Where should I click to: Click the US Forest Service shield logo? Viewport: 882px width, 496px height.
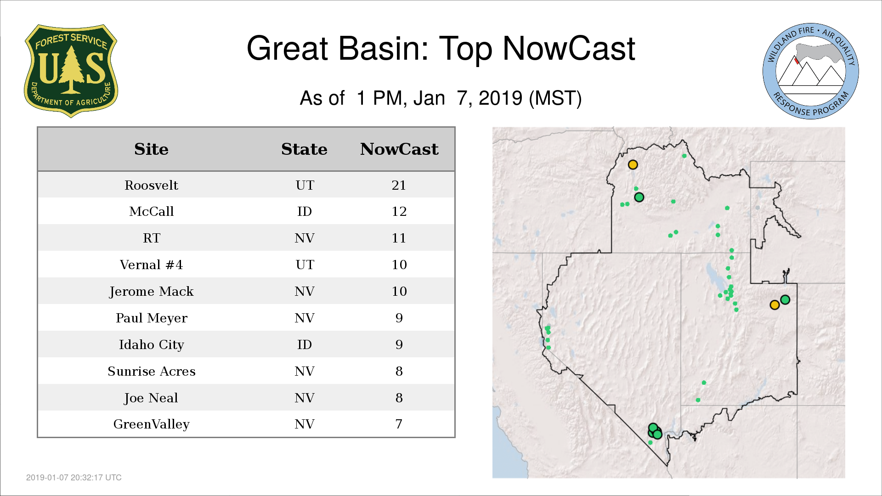click(x=71, y=71)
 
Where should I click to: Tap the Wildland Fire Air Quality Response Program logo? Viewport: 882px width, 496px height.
click(x=811, y=71)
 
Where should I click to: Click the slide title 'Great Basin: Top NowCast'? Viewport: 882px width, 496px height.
click(x=441, y=49)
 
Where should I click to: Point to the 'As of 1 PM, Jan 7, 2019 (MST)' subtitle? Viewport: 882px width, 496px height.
click(x=441, y=98)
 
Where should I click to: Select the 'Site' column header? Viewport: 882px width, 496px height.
click(x=151, y=149)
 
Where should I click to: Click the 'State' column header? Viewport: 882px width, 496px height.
click(x=304, y=149)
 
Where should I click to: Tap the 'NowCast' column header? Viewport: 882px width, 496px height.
click(x=399, y=149)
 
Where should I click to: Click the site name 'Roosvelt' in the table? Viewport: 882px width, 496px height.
click(x=151, y=185)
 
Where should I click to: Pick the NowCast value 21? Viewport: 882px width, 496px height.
click(x=399, y=185)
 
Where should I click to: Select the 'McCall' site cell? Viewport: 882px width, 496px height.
click(x=151, y=211)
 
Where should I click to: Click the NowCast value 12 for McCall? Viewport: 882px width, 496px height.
click(x=399, y=211)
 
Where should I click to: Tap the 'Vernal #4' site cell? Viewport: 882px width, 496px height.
click(x=151, y=265)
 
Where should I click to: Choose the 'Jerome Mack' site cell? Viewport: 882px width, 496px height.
click(x=151, y=292)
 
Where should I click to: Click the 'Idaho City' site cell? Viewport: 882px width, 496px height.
click(x=151, y=345)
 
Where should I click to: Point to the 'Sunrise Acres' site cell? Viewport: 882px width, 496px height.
click(x=151, y=371)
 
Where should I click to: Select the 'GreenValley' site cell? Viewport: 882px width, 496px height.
click(x=151, y=424)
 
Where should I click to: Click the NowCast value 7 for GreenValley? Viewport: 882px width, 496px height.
click(x=399, y=424)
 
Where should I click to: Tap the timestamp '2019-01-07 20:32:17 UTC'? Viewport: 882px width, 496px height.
click(x=74, y=478)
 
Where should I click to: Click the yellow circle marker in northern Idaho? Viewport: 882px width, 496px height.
click(x=633, y=164)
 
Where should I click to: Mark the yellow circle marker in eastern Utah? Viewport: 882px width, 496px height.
click(x=775, y=305)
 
